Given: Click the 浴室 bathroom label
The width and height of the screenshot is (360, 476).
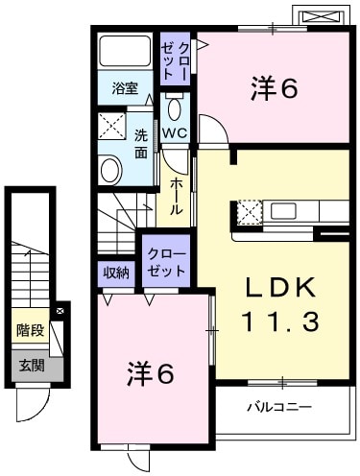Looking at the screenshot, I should click(x=125, y=89).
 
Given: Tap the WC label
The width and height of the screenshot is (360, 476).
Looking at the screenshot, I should click(x=175, y=131).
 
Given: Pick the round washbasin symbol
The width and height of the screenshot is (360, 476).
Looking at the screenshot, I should click(x=111, y=170).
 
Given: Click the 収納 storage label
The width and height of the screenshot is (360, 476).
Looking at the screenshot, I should click(x=116, y=273).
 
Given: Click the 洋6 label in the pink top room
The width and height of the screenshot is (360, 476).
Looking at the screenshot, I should click(x=272, y=88).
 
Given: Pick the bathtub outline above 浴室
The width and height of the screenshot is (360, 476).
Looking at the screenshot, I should click(x=125, y=53).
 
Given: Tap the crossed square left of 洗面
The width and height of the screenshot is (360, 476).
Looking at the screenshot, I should click(x=111, y=127).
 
